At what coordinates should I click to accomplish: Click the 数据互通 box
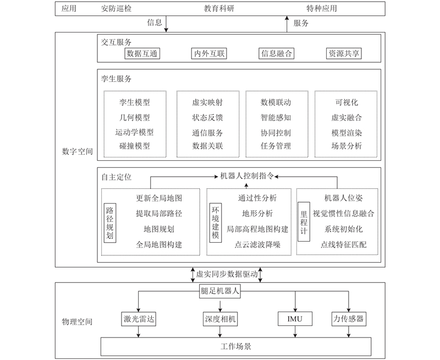pos(142,53)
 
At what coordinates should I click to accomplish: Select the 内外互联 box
pos(209,53)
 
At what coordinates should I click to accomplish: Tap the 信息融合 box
pos(276,53)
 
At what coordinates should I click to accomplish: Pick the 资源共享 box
pos(343,53)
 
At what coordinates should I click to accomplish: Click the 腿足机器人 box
pos(219,291)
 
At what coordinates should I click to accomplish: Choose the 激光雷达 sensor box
pos(139,319)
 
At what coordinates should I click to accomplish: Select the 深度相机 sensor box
pos(221,319)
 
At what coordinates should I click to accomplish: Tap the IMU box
pos(295,319)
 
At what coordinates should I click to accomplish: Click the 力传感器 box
pos(349,319)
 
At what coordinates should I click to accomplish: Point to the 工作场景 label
pos(236,347)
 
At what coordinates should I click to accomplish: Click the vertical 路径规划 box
pos(109,223)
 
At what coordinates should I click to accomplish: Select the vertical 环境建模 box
pos(216,223)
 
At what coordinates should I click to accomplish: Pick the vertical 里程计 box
pos(304,222)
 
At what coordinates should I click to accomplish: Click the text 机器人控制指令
pos(246,176)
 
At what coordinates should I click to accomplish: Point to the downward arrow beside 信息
pos(166,24)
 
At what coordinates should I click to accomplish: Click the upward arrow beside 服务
pos(287,24)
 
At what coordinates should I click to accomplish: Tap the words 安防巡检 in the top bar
pos(116,8)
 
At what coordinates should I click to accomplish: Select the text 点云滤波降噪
pos(257,245)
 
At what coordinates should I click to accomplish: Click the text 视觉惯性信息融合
pos(343,214)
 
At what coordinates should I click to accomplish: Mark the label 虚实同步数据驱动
pos(227,274)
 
